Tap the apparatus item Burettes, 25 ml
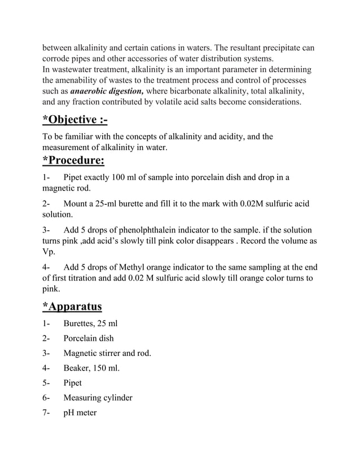(90, 324)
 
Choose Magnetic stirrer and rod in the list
(107, 354)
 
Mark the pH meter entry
(80, 413)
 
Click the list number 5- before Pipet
(46, 383)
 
